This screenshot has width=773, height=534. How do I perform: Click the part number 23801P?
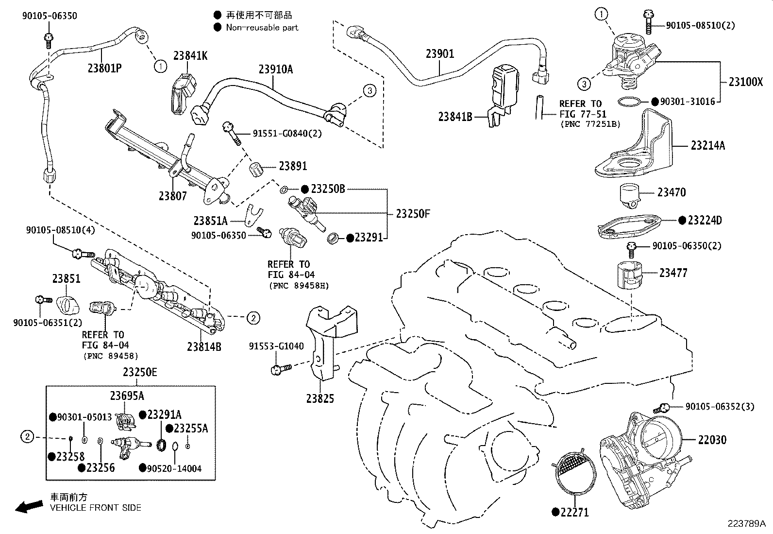pyautogui.click(x=104, y=68)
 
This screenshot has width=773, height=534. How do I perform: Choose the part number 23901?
pyautogui.click(x=440, y=53)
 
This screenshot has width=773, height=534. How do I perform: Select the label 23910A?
pyautogui.click(x=275, y=69)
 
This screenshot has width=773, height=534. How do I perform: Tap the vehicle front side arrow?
pyautogui.click(x=28, y=507)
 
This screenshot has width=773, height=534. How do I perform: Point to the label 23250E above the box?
pyautogui.click(x=140, y=372)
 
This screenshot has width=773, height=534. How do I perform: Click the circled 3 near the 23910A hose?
pyautogui.click(x=369, y=90)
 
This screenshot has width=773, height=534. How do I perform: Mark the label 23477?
pyautogui.click(x=673, y=273)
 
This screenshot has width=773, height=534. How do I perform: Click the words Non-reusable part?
pyautogui.click(x=262, y=28)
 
